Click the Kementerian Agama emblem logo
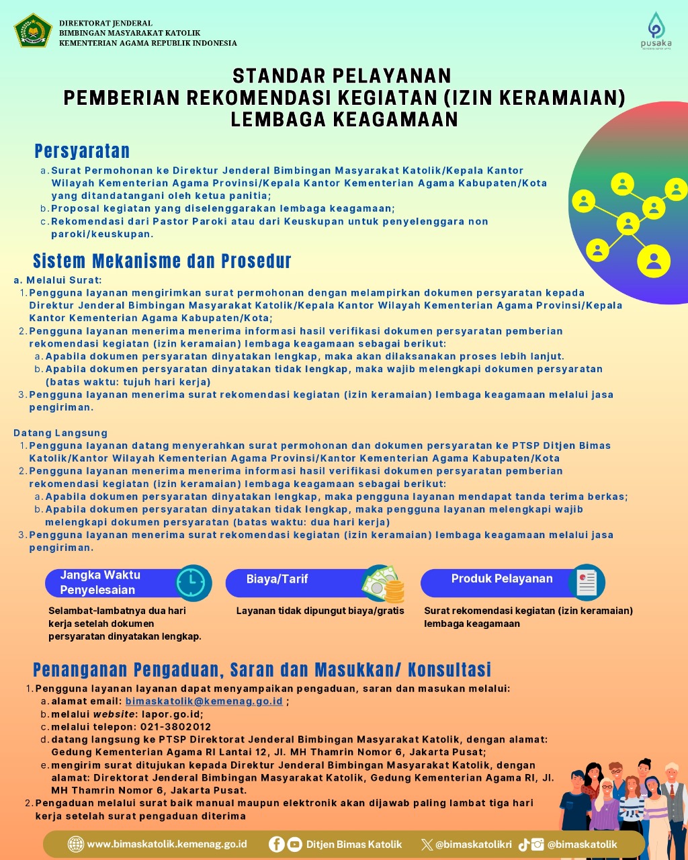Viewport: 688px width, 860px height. pos(33,31)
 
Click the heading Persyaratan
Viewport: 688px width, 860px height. pos(82,151)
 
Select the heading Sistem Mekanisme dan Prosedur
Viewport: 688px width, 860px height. pos(162,261)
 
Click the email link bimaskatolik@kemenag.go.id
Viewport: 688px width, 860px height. pos(204,701)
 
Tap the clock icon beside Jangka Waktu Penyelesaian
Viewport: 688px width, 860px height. pos(193,583)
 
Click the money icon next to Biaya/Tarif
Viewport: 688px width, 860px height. pos(383,583)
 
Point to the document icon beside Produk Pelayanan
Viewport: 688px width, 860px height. pos(587,582)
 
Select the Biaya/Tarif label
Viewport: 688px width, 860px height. pos(277,579)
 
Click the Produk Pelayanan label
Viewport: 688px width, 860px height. pos(502,578)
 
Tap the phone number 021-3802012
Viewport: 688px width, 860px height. pos(175,726)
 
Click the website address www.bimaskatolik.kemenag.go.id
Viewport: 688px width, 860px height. pos(167,845)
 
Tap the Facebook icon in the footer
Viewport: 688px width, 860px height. pos(276,845)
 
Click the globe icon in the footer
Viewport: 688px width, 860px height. pos(77,845)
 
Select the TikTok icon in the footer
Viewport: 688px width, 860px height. pos(523,845)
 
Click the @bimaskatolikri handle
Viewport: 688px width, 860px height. pos(473,845)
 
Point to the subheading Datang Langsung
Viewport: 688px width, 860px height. pos(60,433)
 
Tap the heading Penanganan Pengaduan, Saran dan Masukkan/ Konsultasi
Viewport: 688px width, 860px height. pos(262,669)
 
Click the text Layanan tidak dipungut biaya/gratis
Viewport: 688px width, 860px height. pos(320,611)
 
